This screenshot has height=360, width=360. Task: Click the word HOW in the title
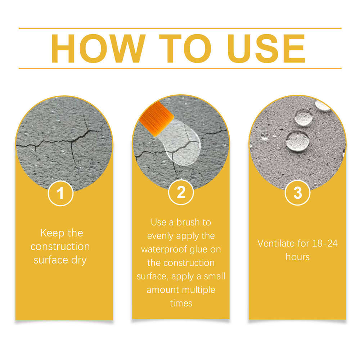(98, 49)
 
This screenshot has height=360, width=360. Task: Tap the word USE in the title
(266, 49)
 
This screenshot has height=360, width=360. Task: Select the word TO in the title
(185, 49)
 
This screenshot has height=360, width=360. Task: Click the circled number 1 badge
(60, 193)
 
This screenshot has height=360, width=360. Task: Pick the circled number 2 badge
(181, 192)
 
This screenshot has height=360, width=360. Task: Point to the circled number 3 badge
(298, 192)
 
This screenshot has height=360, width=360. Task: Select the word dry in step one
(79, 260)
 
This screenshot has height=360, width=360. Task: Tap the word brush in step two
(188, 222)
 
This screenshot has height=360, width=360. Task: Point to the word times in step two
(181, 303)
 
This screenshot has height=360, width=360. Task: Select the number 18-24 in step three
(325, 243)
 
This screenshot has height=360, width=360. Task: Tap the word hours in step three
(298, 257)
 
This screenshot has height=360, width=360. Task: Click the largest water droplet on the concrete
(298, 141)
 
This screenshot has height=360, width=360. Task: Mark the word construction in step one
(60, 247)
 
